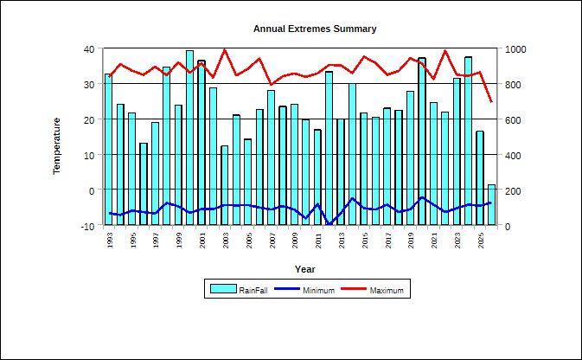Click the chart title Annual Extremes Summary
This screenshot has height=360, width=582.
(315, 29)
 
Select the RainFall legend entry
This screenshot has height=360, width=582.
(239, 289)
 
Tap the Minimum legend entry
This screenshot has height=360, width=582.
(304, 290)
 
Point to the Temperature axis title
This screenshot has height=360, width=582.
(56, 145)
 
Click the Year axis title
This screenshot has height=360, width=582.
(304, 269)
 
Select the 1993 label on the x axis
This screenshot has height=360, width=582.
(110, 241)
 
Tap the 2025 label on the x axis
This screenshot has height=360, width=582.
(481, 241)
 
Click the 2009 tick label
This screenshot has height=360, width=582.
(295, 241)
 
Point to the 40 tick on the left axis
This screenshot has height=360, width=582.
(89, 49)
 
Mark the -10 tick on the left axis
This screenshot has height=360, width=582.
(87, 226)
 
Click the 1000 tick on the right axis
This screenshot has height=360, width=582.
(515, 49)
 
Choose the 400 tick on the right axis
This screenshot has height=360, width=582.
(513, 155)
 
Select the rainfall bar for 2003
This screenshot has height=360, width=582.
(225, 185)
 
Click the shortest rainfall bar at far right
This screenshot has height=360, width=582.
(491, 205)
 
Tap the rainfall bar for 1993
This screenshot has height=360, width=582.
(108, 150)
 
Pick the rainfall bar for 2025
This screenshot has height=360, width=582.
(480, 178)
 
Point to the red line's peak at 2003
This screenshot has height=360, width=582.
(225, 50)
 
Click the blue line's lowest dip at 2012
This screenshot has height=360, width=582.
(329, 223)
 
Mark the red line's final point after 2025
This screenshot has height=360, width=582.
(491, 101)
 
